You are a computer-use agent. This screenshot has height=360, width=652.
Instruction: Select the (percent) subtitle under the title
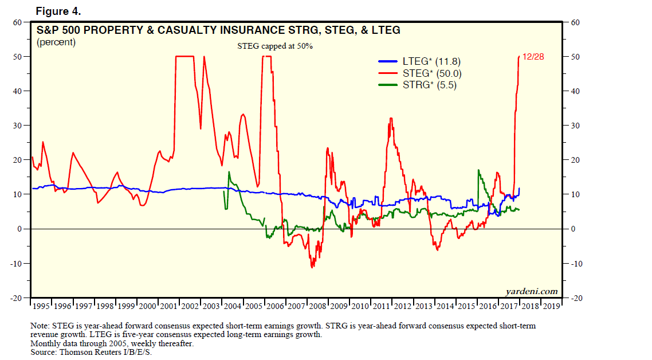point(56,42)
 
